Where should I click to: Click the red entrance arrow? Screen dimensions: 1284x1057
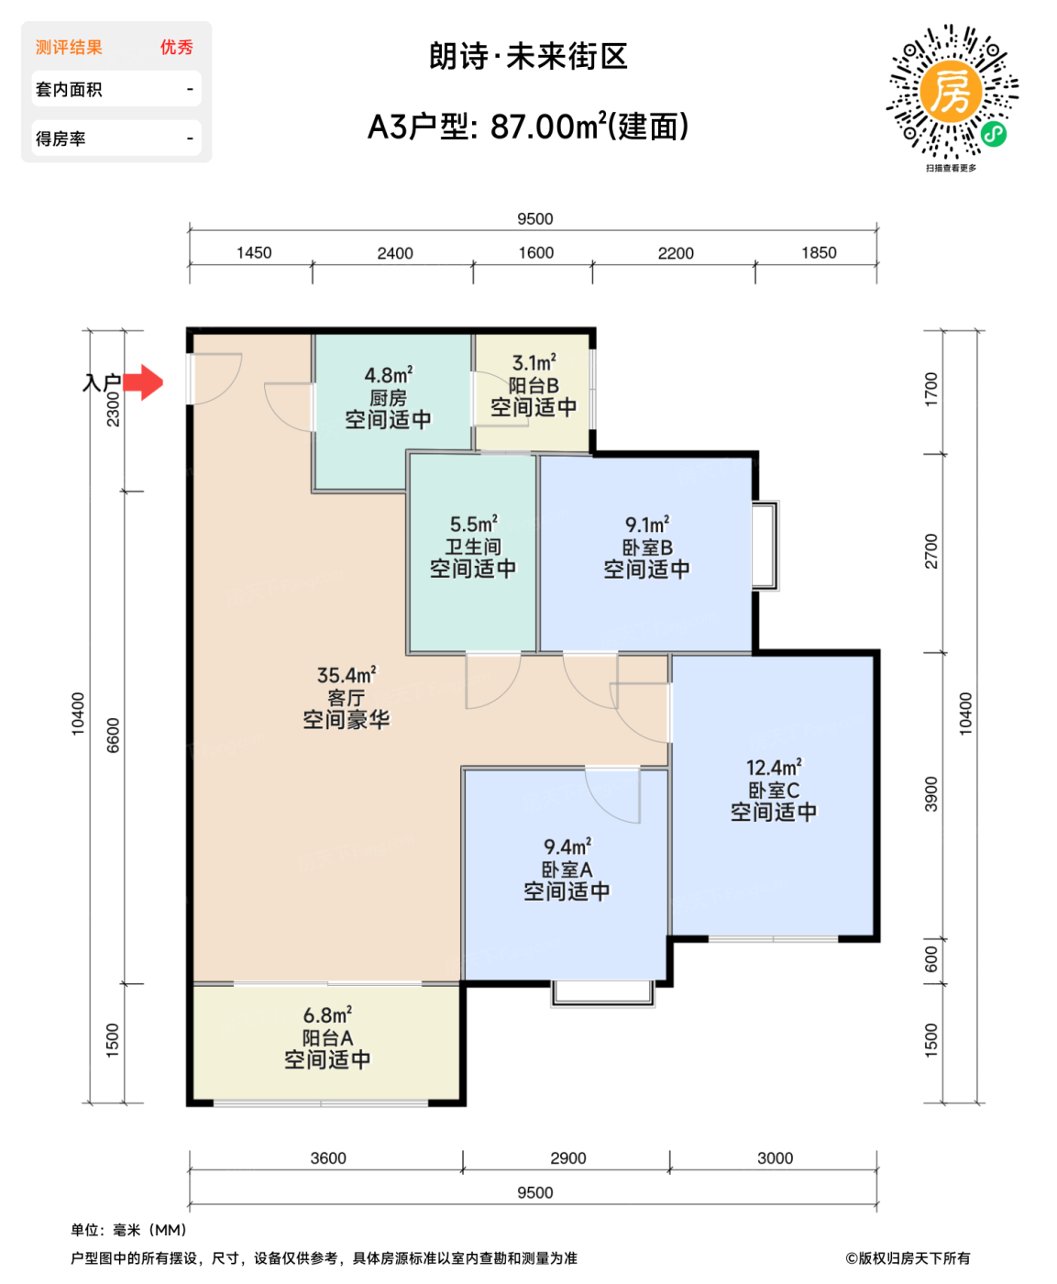tap(143, 382)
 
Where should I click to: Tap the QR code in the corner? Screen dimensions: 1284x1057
tap(951, 94)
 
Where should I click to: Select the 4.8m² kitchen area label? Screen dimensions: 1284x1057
tap(388, 375)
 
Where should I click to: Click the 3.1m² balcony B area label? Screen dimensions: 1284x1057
tap(534, 363)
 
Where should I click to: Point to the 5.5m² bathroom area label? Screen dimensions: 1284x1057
tap(473, 525)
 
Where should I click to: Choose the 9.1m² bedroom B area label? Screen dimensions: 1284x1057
tap(646, 525)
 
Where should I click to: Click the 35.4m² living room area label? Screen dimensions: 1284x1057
tap(346, 676)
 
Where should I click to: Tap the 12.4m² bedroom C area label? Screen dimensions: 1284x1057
tap(773, 768)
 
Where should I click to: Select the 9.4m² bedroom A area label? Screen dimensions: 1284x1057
tap(567, 847)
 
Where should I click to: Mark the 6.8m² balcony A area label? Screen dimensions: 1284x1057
tap(327, 1015)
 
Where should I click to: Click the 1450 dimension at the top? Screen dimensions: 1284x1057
tap(254, 253)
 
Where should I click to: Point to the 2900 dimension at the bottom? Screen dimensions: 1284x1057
tap(567, 1158)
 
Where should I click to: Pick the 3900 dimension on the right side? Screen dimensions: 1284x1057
tap(931, 794)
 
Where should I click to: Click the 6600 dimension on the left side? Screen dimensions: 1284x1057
tap(113, 736)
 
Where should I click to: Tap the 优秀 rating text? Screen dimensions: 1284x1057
tap(176, 48)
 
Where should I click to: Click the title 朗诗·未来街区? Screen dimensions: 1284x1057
tap(528, 57)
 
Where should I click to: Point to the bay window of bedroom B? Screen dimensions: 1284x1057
tap(766, 545)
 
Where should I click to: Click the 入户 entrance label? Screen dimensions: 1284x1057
tap(101, 382)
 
